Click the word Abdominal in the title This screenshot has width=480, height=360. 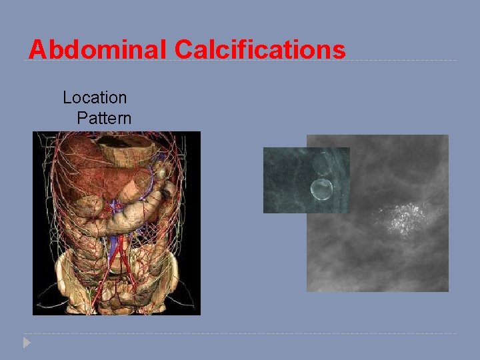pos(98,50)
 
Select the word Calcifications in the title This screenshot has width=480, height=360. pos(260,50)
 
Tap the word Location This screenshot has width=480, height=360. pos(95,97)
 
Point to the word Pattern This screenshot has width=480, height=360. pos(104,119)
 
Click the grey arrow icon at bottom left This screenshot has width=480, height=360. pos(26,343)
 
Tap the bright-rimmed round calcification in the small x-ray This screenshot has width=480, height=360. pos(321,190)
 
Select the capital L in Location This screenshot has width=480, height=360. pos(67,97)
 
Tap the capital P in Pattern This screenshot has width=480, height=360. pos(81,119)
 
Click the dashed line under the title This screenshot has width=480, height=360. pos(400,61)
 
